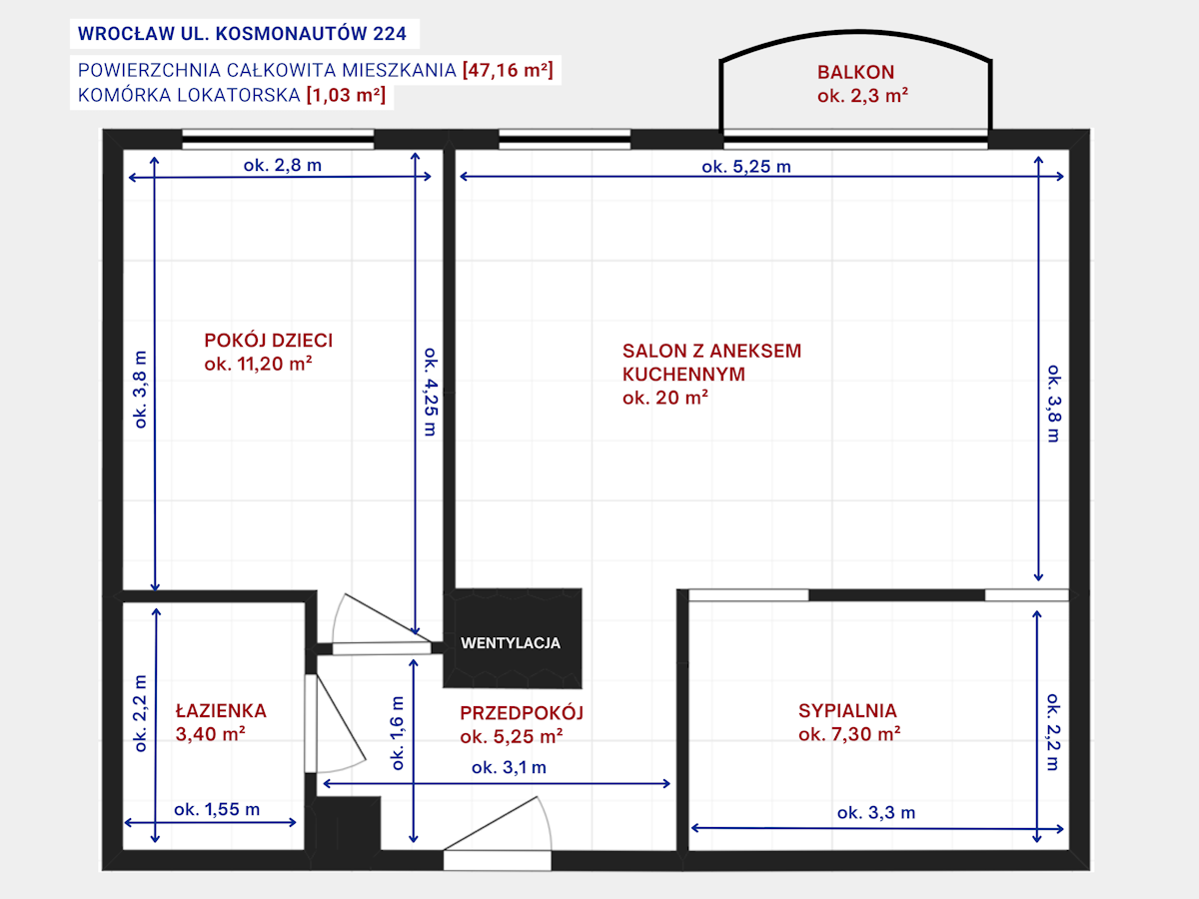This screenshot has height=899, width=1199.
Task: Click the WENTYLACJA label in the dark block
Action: pos(511,643)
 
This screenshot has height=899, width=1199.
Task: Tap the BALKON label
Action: pos(855,72)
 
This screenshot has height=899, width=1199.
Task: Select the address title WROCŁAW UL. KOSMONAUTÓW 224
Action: pos(242,34)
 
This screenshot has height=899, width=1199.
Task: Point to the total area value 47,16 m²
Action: pos(508,70)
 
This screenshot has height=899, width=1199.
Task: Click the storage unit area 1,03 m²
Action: pos(346,95)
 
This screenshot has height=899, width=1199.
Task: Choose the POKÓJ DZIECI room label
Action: pos(268,341)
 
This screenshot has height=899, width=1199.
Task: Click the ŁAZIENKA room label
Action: pos(221,710)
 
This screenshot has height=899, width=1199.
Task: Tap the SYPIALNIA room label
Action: pos(847,710)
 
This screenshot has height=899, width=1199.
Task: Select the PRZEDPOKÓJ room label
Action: pos(522,713)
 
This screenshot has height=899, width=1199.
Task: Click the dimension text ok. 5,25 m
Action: pos(746,167)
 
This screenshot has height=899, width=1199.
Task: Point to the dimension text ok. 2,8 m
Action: pos(283,165)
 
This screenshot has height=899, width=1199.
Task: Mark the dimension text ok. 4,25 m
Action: pos(431,392)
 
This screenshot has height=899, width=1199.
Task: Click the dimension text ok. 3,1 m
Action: pos(509,767)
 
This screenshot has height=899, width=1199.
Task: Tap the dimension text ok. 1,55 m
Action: pos(217,809)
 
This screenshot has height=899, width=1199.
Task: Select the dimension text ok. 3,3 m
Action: pos(876,813)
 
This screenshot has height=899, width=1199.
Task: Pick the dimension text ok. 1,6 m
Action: pos(398,733)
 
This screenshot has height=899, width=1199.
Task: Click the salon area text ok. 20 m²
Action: pos(665,398)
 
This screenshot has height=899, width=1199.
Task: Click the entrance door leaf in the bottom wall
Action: pos(490,824)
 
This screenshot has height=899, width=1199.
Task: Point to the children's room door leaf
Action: pos(388,618)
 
